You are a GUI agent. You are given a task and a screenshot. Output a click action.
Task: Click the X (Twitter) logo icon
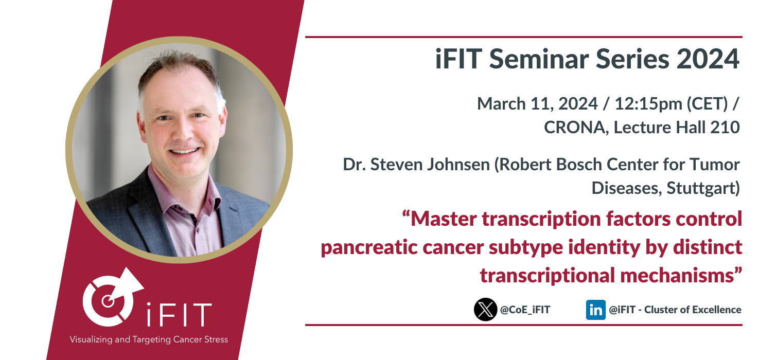[x=485, y=310]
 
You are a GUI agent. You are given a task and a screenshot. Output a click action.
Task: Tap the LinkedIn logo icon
[x=595, y=310]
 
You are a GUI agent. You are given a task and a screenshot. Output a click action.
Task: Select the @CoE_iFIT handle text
[x=525, y=310]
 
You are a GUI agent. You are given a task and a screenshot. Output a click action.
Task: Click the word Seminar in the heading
[x=539, y=59]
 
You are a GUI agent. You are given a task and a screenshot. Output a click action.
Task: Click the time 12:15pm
[x=648, y=104]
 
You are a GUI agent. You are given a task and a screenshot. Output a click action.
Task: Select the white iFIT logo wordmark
[x=179, y=314]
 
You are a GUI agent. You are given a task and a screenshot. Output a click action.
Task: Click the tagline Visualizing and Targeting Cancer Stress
[x=149, y=339]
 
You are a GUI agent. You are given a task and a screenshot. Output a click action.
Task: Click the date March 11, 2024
[x=537, y=104]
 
